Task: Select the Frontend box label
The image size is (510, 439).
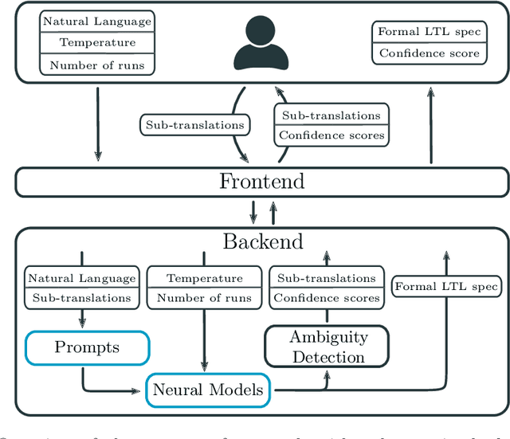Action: point(261,182)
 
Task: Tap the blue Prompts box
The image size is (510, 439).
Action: point(88,347)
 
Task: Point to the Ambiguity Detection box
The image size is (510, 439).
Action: point(328,347)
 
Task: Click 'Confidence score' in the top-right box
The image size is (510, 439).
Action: point(430,53)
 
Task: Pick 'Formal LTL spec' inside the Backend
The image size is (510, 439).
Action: point(446,287)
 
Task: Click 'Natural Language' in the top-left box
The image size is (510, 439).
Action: point(98,22)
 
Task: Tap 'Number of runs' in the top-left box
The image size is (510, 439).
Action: point(98,65)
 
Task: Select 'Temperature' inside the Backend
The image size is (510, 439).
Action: point(204,278)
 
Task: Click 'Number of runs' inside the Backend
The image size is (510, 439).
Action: point(204,298)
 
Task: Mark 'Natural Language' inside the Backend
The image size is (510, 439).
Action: point(82,278)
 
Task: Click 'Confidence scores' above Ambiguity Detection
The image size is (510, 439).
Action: point(326,298)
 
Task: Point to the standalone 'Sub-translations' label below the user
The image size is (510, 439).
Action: point(195,125)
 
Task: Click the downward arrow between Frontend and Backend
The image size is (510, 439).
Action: point(253,212)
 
